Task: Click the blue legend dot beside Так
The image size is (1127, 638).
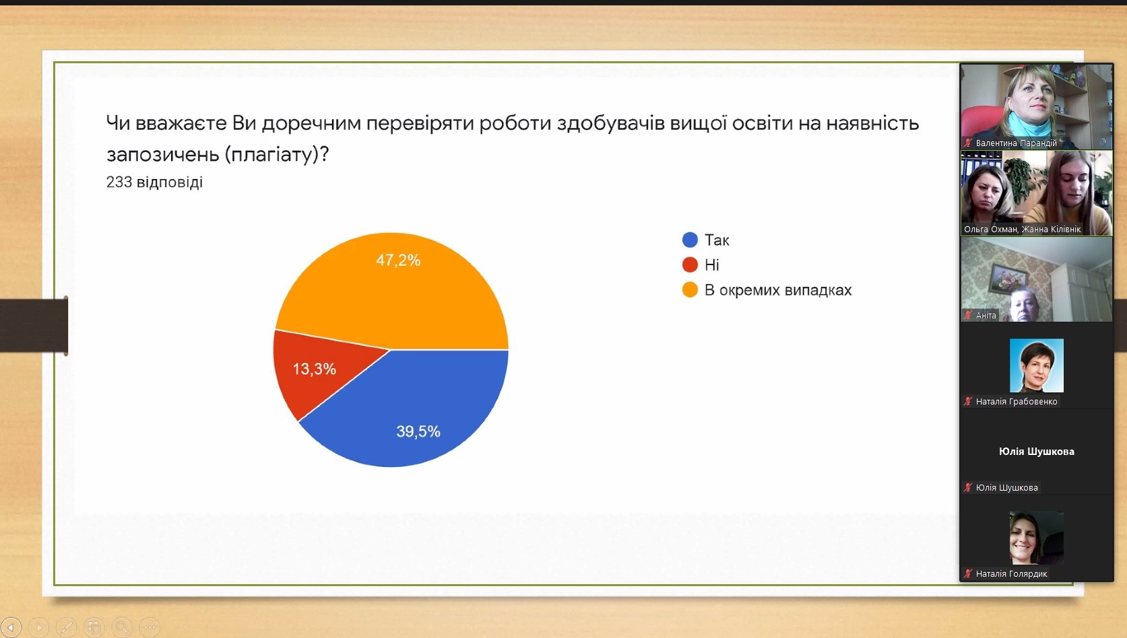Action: point(690,240)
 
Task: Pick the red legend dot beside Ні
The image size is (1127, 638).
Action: point(690,264)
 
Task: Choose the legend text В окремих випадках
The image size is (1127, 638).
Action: point(778,290)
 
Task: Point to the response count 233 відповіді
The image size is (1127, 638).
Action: point(154,182)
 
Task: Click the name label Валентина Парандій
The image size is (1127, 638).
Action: point(1016,143)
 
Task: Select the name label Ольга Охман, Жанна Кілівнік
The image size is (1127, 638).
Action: point(1022,229)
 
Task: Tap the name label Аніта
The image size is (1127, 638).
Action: point(986,315)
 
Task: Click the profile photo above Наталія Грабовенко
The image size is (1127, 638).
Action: point(1037,365)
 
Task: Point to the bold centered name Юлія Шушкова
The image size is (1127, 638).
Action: point(1037,452)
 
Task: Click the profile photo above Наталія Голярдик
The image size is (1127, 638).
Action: point(1037,538)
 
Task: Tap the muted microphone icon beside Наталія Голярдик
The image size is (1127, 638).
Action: point(968,573)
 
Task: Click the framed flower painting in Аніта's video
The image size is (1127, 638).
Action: point(1008,278)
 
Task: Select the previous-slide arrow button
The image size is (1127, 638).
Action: point(11,627)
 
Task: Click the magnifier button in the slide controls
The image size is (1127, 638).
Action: point(122,627)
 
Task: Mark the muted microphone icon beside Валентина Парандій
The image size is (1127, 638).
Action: point(968,143)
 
